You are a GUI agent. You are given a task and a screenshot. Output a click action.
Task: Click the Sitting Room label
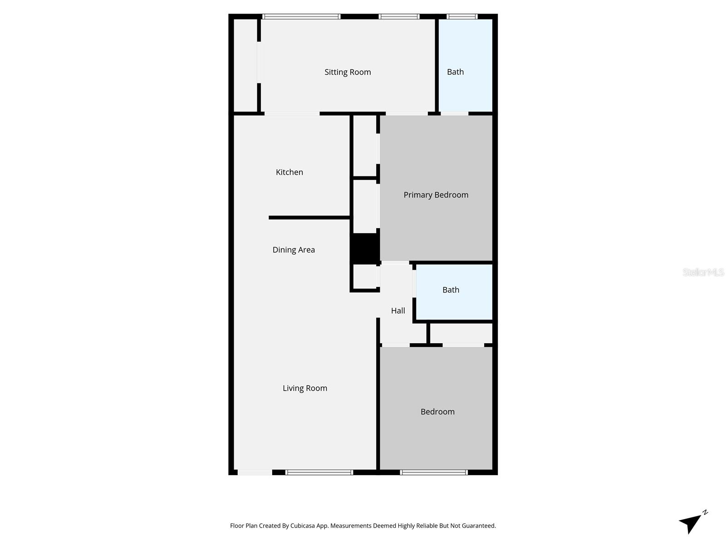(348, 72)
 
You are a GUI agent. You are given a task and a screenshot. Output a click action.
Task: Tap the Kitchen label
(289, 172)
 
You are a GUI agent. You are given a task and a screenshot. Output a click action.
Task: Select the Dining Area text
(294, 250)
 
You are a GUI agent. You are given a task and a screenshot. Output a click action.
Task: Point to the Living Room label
(305, 388)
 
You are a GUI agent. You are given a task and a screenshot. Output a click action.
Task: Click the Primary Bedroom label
(436, 195)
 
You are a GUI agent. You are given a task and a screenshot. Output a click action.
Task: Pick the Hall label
(398, 311)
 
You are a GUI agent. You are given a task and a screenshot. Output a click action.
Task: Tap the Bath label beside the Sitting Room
(455, 72)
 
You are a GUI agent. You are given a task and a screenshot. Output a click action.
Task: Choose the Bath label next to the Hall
(451, 290)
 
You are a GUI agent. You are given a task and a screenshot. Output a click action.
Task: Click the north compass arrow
(691, 523)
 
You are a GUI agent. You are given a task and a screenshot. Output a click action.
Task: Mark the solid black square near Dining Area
(365, 248)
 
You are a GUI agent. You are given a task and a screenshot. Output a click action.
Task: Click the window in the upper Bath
(462, 17)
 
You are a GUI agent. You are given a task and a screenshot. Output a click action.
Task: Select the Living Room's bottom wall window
(319, 472)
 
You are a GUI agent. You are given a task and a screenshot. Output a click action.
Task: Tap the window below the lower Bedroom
(434, 472)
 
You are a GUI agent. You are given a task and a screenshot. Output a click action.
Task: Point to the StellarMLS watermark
(703, 272)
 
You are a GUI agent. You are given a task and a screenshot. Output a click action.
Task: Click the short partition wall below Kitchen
(309, 218)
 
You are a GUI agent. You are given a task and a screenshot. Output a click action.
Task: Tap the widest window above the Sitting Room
(301, 17)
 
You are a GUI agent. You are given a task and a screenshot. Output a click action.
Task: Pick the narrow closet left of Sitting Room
(245, 66)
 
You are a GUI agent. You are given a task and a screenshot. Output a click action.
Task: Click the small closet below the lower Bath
(461, 333)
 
